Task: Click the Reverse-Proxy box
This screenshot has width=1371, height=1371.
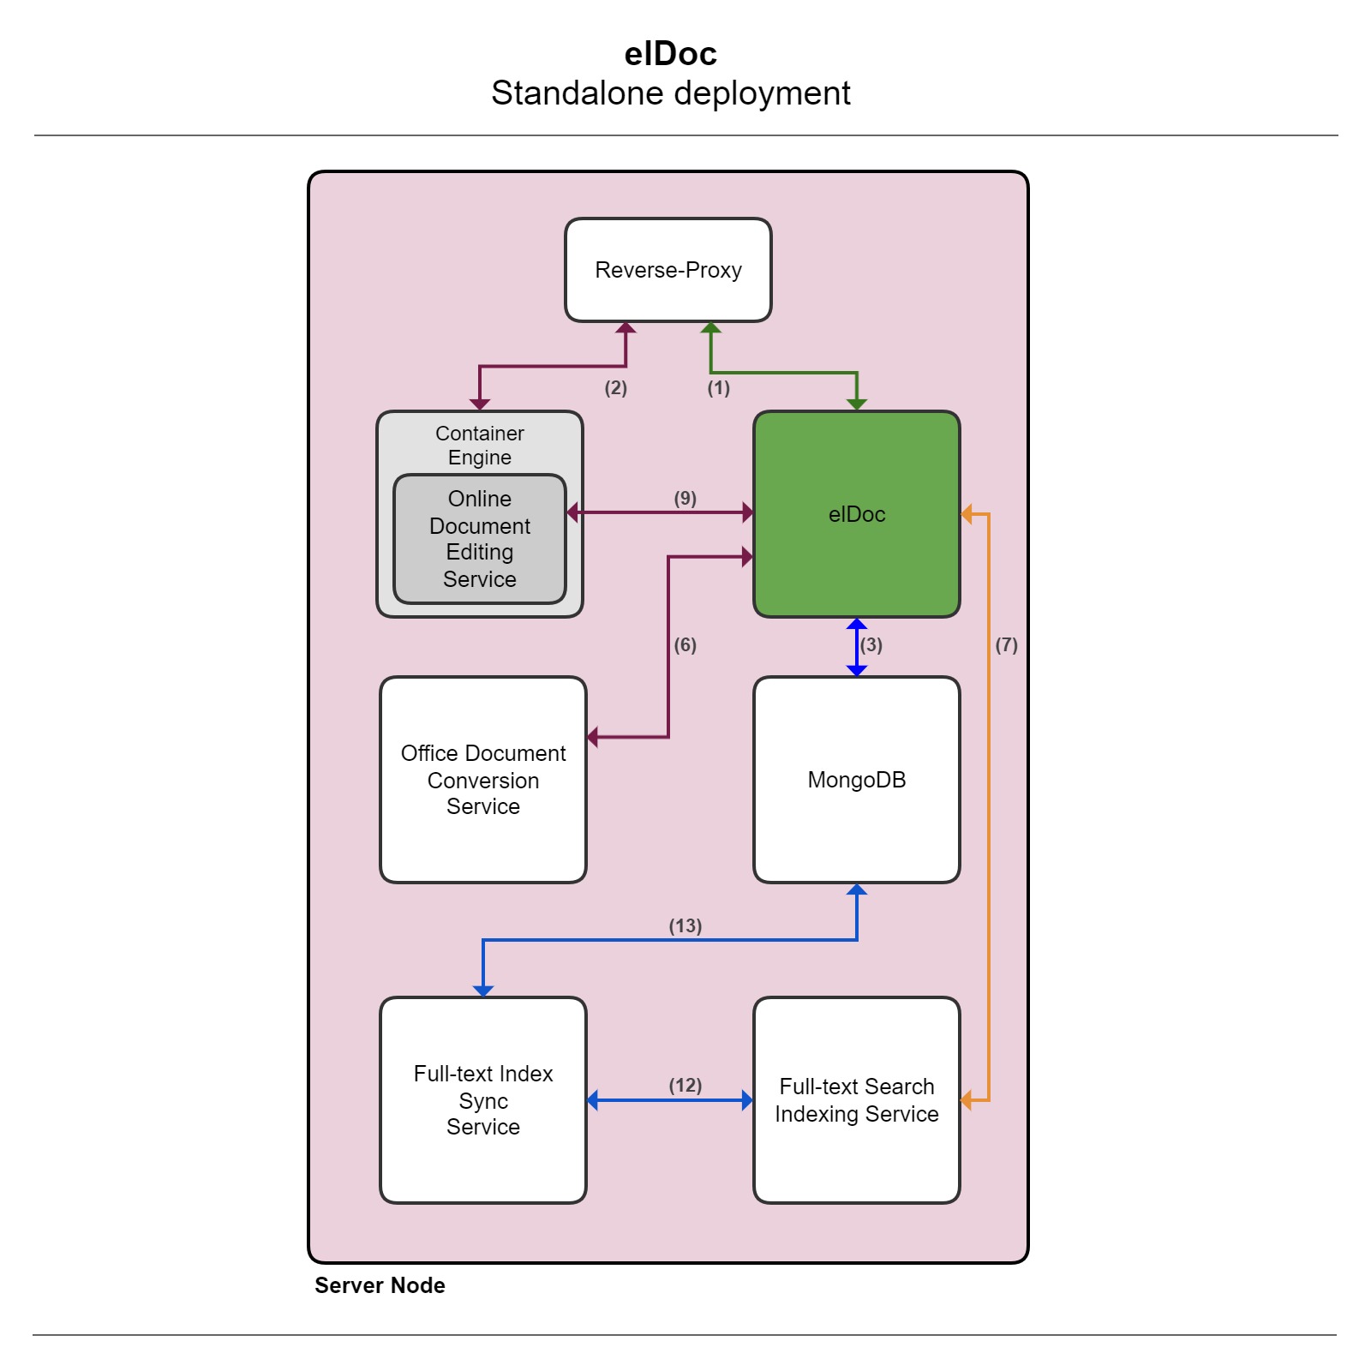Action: click(668, 270)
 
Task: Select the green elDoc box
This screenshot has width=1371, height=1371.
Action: click(856, 514)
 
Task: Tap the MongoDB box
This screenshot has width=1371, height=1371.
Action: click(856, 780)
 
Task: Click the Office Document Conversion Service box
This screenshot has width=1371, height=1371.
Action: click(482, 780)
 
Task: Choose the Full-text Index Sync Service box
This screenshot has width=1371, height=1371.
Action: click(482, 1100)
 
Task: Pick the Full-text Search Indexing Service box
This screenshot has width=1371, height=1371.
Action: click(856, 1100)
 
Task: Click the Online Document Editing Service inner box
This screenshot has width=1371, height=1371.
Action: click(479, 539)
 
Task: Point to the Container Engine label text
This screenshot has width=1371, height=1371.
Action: click(479, 445)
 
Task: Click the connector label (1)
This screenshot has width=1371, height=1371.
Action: click(718, 388)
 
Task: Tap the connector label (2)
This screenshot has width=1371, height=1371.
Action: click(615, 388)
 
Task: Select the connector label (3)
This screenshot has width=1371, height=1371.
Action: click(871, 645)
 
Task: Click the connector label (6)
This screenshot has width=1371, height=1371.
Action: click(685, 645)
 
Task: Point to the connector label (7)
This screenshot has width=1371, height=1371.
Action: click(1006, 645)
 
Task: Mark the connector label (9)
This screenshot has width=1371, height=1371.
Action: click(685, 499)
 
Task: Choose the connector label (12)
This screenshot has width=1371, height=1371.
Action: click(685, 1086)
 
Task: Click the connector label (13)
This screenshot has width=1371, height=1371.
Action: click(685, 926)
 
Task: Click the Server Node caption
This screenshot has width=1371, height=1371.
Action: click(380, 1285)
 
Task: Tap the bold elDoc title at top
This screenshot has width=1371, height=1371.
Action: click(670, 54)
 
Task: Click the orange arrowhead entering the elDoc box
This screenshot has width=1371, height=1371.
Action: click(967, 514)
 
